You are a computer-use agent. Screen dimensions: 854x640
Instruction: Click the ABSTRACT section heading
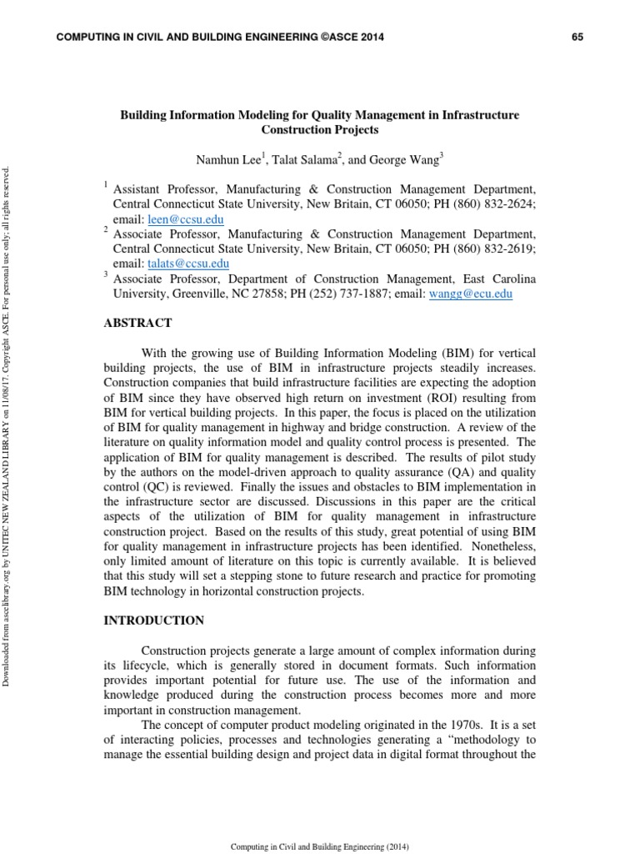click(x=137, y=323)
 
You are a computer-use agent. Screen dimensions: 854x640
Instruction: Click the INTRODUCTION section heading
click(x=153, y=620)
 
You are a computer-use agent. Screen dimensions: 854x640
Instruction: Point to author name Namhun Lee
click(x=224, y=158)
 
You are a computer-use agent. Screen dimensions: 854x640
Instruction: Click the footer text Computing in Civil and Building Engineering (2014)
click(x=319, y=846)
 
